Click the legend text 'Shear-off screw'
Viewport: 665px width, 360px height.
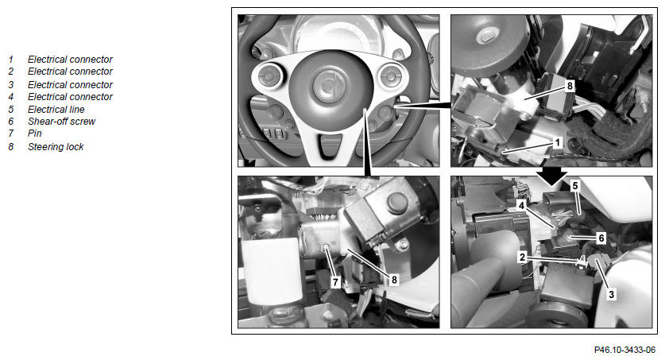(61, 122)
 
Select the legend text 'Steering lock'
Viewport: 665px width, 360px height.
(56, 147)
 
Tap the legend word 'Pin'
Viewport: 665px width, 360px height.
(35, 134)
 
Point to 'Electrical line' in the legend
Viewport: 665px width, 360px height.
(56, 110)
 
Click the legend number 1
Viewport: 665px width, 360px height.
(11, 60)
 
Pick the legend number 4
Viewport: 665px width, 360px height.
(11, 97)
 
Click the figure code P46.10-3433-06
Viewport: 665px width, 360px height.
(624, 350)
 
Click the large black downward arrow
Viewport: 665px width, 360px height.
(551, 176)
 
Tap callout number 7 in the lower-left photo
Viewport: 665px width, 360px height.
(335, 282)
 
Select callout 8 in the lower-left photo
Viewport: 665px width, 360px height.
(394, 280)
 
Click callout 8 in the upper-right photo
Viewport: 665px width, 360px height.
(570, 86)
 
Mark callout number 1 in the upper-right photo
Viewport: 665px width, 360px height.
(557, 143)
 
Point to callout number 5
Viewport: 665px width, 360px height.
(575, 186)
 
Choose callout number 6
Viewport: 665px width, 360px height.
(601, 238)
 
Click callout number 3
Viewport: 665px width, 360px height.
(611, 294)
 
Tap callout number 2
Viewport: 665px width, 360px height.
(523, 257)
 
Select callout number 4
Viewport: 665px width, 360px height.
(522, 206)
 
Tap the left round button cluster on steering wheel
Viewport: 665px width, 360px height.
(269, 76)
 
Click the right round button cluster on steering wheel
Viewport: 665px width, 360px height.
(391, 76)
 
